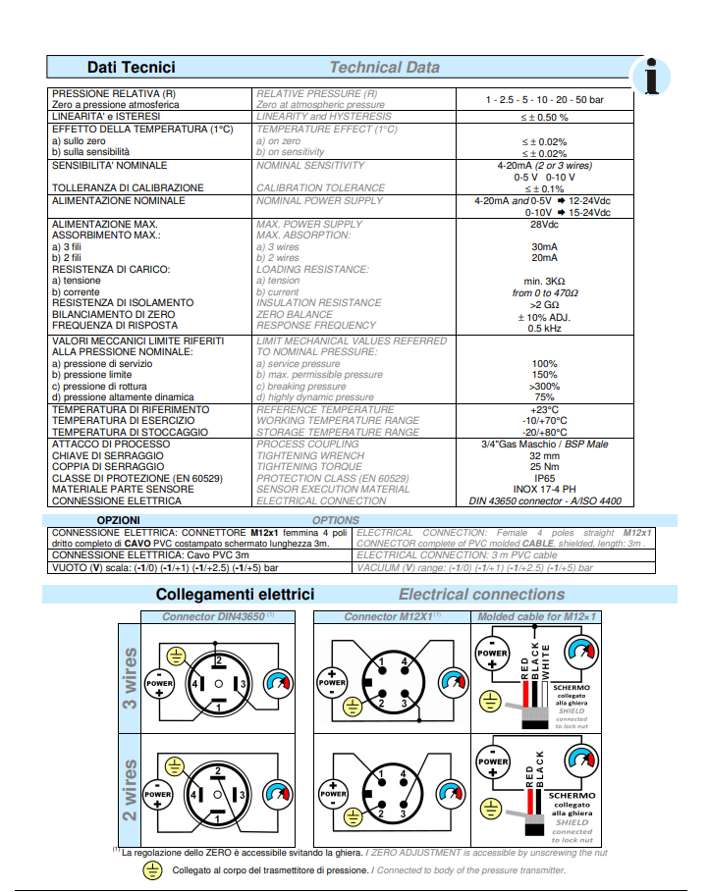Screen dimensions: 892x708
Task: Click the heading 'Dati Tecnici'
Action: coord(132,67)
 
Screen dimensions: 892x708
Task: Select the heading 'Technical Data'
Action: coord(384,67)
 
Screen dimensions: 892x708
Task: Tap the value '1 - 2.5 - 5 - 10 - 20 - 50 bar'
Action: coord(543,100)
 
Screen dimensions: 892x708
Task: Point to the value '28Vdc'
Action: coord(543,225)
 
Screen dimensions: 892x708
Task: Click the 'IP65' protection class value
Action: coord(543,478)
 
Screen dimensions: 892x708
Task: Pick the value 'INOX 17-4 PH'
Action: coord(543,489)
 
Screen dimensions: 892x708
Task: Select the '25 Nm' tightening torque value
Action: coord(543,467)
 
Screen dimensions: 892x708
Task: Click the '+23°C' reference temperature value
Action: coord(543,410)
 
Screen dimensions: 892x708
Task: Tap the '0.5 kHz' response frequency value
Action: coord(543,328)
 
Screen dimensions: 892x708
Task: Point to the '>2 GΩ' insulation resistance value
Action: coord(543,304)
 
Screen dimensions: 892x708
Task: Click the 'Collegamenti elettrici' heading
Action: coord(235,594)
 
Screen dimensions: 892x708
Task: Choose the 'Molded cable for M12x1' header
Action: coord(537,616)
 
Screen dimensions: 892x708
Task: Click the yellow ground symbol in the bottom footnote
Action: coord(152,869)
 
